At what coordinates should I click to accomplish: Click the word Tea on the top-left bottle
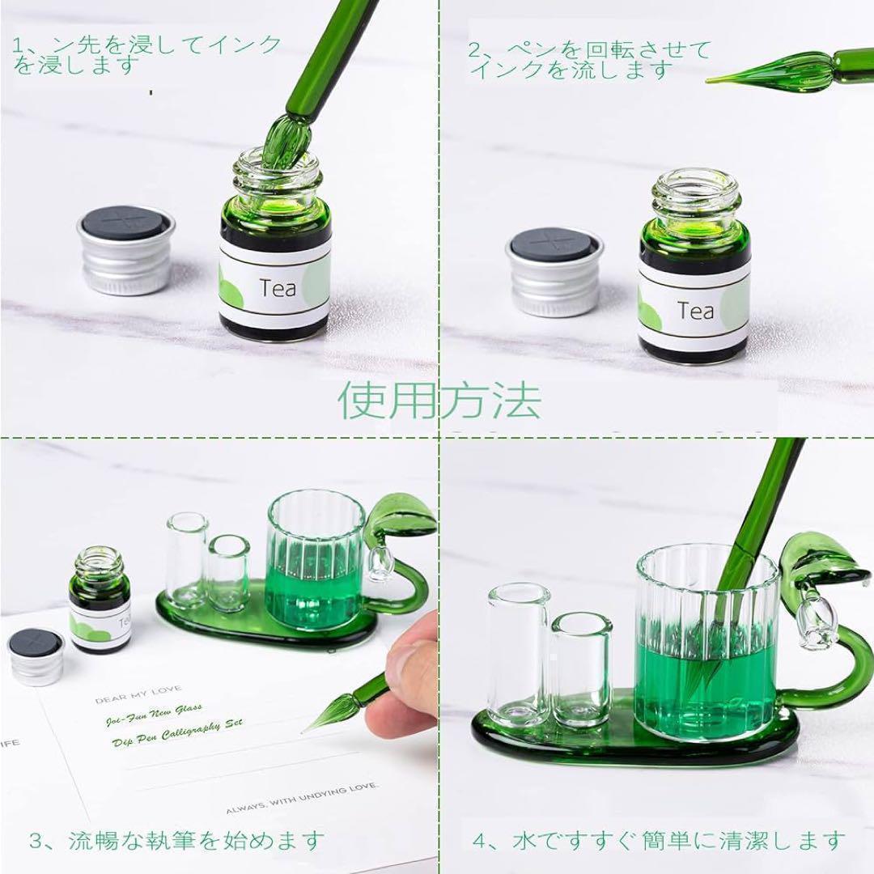pyautogui.click(x=278, y=287)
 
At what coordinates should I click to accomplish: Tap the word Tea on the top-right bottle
pyautogui.click(x=695, y=310)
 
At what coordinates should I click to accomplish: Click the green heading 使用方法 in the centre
pyautogui.click(x=439, y=400)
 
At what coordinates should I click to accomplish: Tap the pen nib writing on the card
pyautogui.click(x=324, y=719)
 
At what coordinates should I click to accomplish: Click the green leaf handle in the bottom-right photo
pyautogui.click(x=821, y=566)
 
